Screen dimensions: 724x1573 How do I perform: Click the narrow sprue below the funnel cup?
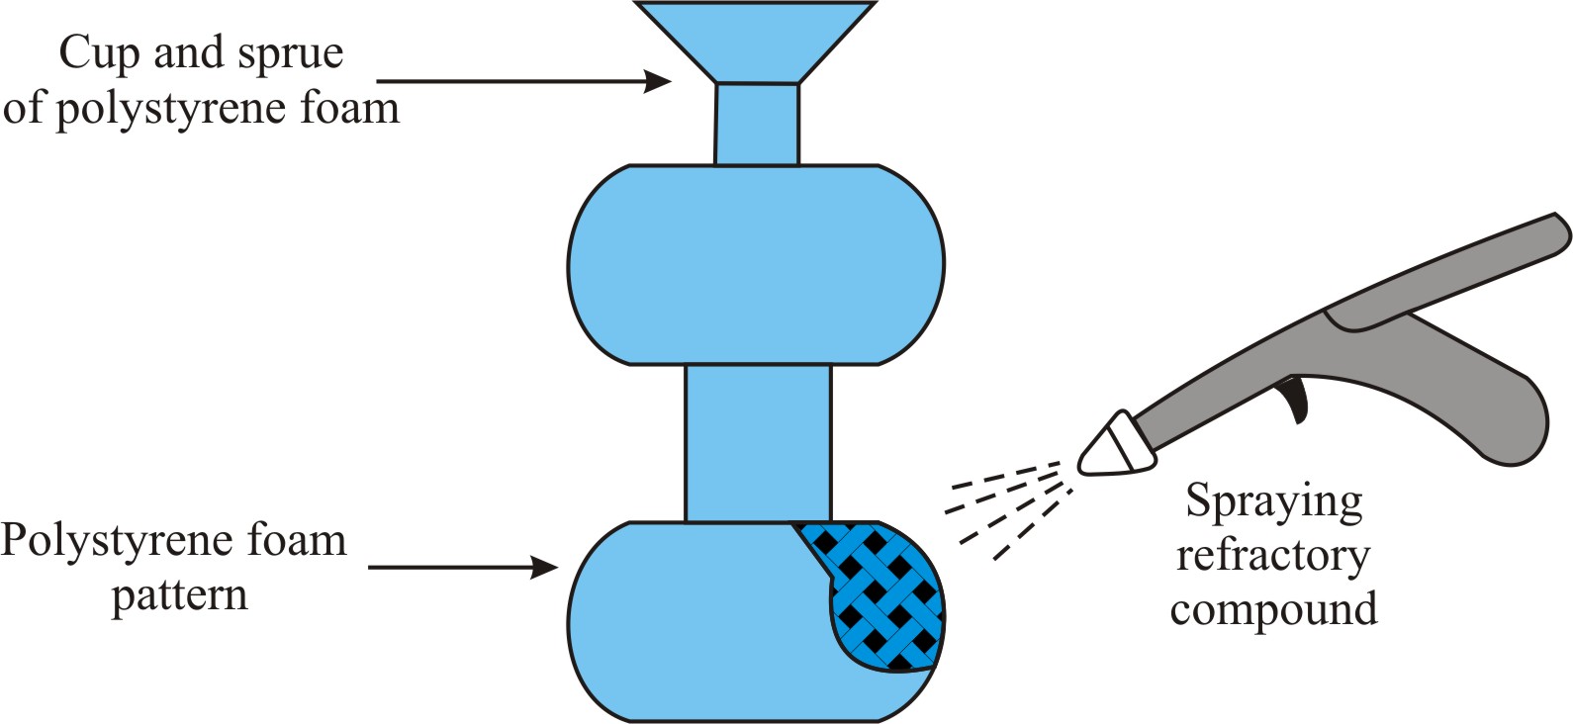(x=757, y=124)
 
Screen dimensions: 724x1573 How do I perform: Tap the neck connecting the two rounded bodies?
(x=758, y=442)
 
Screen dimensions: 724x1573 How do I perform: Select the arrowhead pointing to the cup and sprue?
(x=659, y=80)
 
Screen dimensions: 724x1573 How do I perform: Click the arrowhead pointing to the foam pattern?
(x=545, y=568)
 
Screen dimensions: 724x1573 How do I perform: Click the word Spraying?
(x=1273, y=502)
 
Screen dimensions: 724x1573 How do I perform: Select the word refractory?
(x=1272, y=555)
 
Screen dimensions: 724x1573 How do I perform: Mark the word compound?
(x=1273, y=609)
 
